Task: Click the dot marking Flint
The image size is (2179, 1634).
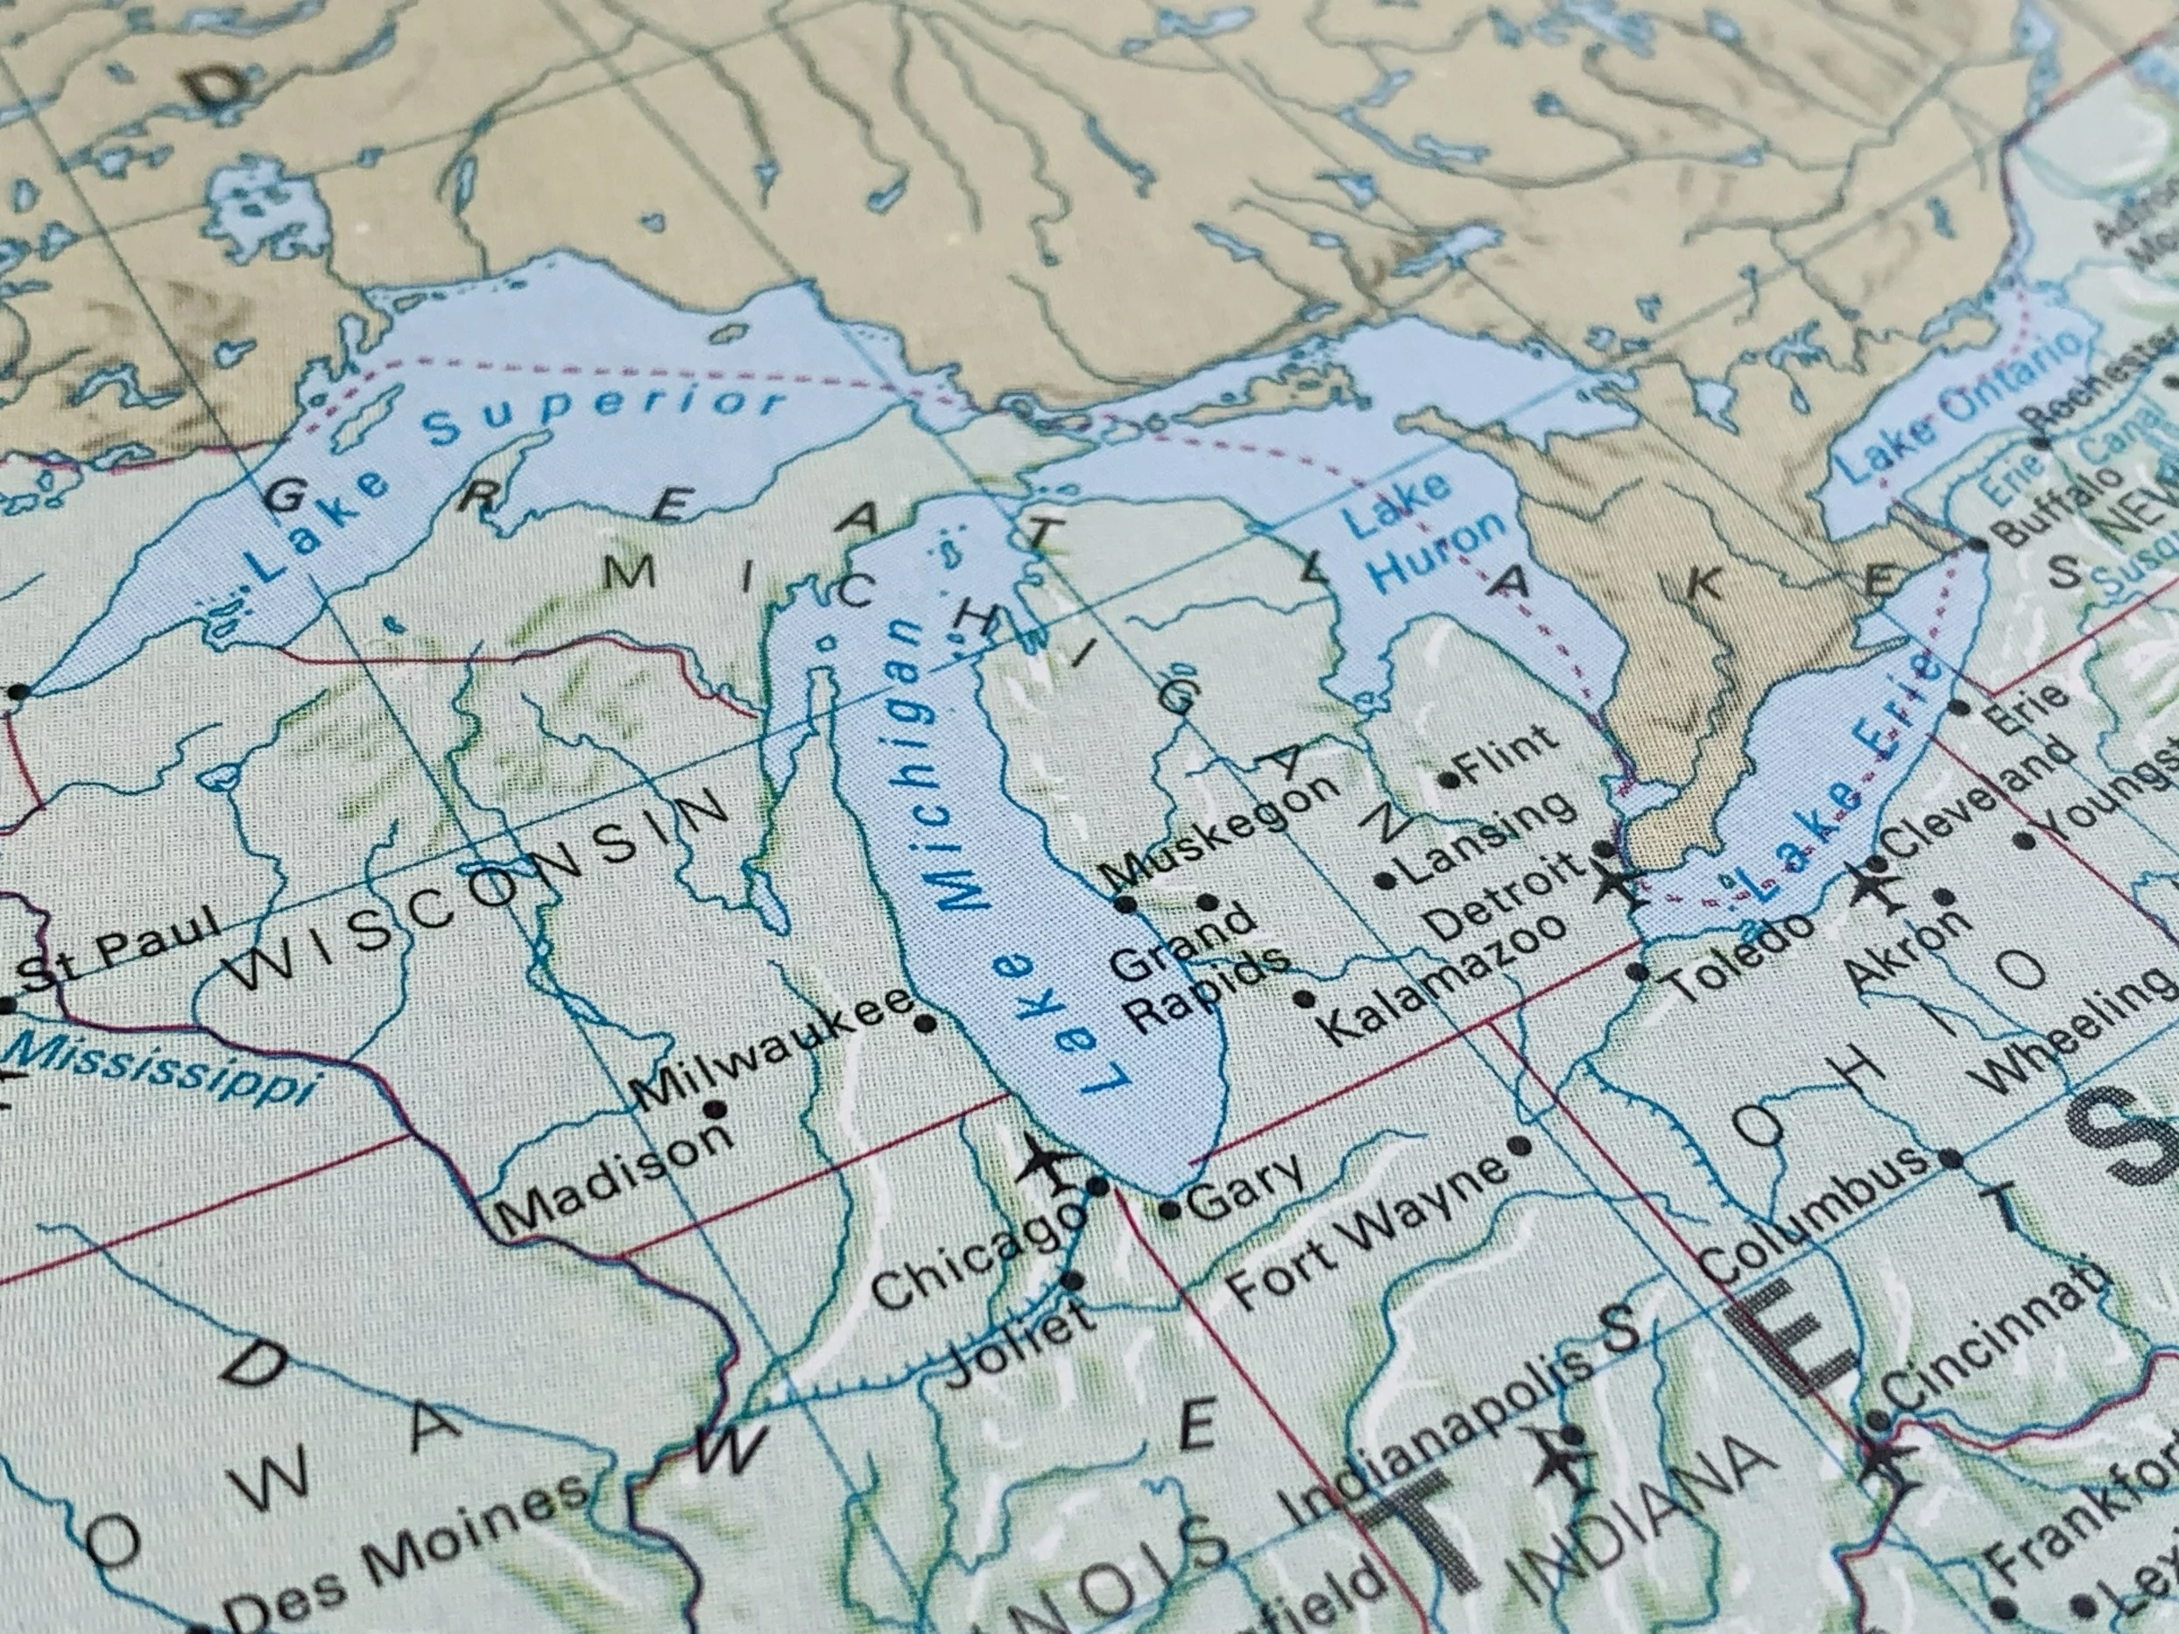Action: coord(1449,781)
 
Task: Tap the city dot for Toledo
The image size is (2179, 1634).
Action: coord(1637,973)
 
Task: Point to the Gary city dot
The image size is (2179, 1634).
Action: coord(1170,1210)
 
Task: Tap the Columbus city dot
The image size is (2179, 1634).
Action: coord(1951,1159)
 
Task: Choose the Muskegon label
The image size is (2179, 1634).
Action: coord(1222,828)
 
